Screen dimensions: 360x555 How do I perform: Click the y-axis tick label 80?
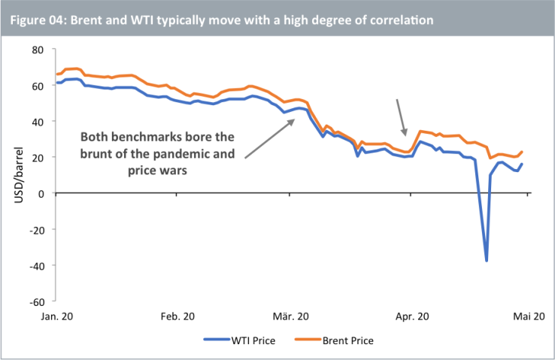tap(37, 50)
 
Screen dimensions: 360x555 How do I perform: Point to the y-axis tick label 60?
tap(37, 86)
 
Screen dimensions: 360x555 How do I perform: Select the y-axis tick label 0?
tap(41, 194)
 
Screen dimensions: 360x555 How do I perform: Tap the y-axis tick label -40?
tap(35, 266)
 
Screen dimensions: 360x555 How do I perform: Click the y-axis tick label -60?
tap(35, 302)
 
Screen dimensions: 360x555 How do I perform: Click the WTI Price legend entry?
tap(239, 340)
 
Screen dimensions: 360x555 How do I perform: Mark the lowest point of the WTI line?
tap(487, 260)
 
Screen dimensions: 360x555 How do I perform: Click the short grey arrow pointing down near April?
tap(403, 117)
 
